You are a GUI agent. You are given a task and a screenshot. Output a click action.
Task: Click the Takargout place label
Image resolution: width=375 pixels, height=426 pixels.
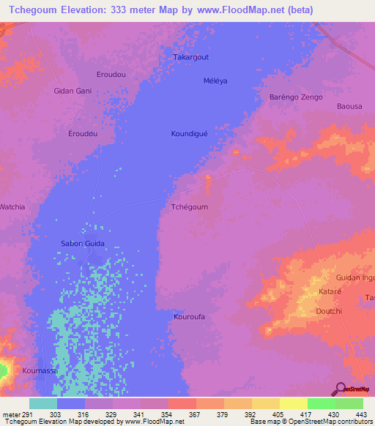190,56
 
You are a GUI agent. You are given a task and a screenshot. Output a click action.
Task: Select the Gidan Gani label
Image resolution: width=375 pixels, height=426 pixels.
73,91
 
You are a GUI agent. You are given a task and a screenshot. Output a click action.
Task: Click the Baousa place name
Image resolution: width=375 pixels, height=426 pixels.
349,107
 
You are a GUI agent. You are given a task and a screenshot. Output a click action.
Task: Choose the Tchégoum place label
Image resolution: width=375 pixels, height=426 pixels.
189,207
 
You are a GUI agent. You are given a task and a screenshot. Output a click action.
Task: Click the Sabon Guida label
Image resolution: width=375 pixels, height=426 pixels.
82,243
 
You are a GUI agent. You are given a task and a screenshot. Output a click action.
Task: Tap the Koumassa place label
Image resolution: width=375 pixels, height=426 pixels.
40,371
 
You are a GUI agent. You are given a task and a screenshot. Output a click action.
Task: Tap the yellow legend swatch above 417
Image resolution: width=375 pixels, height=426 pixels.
293,403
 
